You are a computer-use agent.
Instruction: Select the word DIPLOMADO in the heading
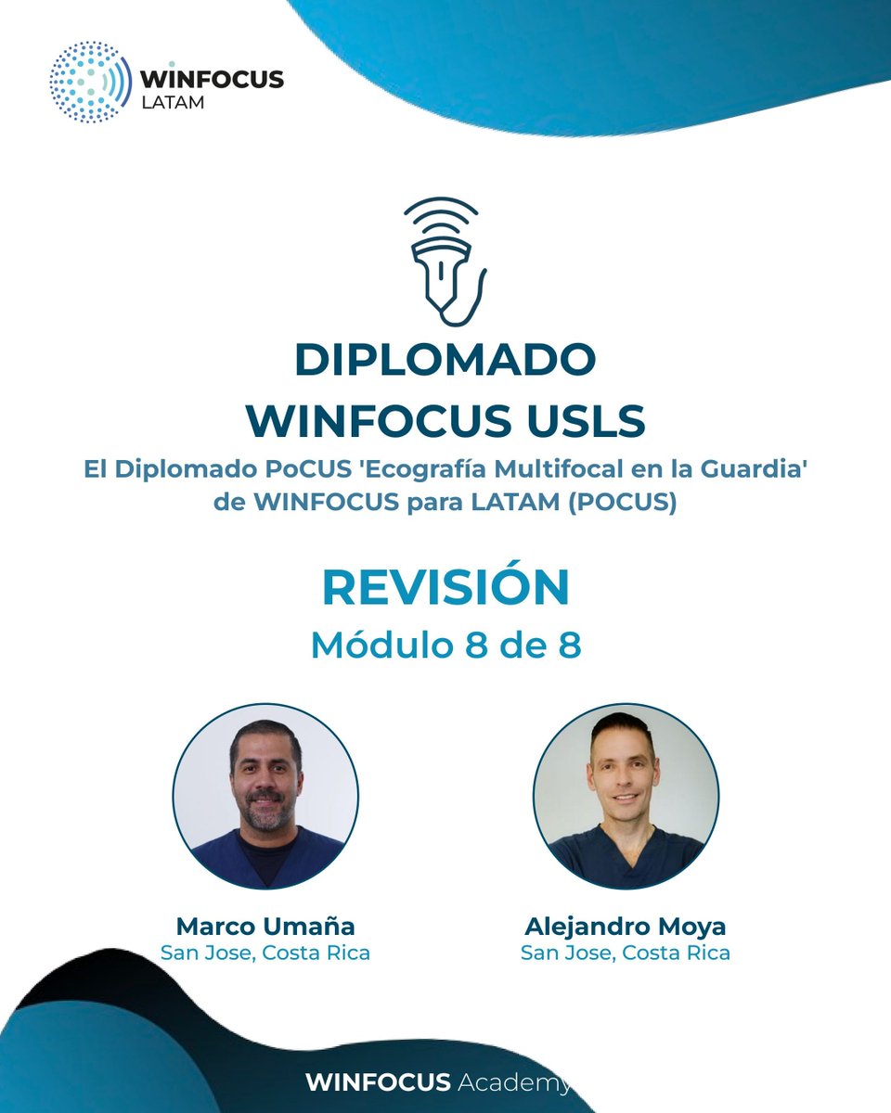click(445, 360)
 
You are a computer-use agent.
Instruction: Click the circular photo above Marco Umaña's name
click(265, 797)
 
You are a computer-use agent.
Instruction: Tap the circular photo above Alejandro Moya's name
click(626, 797)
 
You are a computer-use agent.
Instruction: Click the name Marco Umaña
click(265, 926)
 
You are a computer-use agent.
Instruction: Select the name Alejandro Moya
click(626, 926)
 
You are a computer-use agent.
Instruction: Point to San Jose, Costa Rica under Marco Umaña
click(265, 953)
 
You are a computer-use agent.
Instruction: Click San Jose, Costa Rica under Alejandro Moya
click(626, 953)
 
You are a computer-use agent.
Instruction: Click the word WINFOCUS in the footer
click(378, 1082)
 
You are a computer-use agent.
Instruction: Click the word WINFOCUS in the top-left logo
click(213, 79)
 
